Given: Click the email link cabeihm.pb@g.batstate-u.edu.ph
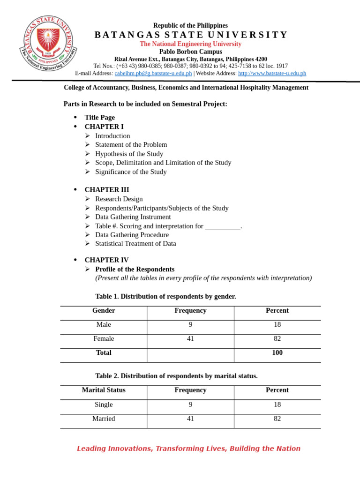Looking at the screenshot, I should click(153, 73).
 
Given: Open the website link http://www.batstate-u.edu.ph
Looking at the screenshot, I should click(272, 73).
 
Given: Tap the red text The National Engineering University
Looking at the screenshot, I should click(190, 44).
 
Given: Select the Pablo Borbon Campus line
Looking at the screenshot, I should click(190, 52).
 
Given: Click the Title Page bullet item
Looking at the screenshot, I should click(99, 118).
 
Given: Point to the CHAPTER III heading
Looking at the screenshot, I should click(106, 190).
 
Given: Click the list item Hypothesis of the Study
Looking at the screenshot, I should click(129, 154).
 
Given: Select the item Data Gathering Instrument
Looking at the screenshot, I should click(133, 217).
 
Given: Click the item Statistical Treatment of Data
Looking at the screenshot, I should click(135, 244).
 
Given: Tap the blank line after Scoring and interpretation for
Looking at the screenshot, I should click(223, 226).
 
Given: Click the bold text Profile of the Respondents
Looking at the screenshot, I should click(135, 269).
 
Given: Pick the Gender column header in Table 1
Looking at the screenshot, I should click(104, 311).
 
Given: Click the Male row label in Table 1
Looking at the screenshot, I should click(104, 325).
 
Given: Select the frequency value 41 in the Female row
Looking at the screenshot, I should click(190, 339).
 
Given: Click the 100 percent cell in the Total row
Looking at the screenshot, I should click(277, 353).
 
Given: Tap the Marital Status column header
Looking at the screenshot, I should click(104, 390).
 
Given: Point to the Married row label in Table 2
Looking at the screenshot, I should click(104, 419).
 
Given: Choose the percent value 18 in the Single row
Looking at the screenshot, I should click(277, 405).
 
